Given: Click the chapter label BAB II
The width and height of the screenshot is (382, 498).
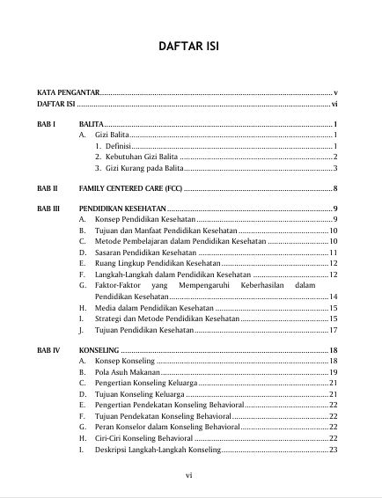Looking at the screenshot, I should (x=48, y=188).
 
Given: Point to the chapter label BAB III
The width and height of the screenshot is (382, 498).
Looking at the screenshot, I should (x=48, y=209).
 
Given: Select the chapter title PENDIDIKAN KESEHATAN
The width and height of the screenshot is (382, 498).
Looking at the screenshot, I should (x=123, y=209).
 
